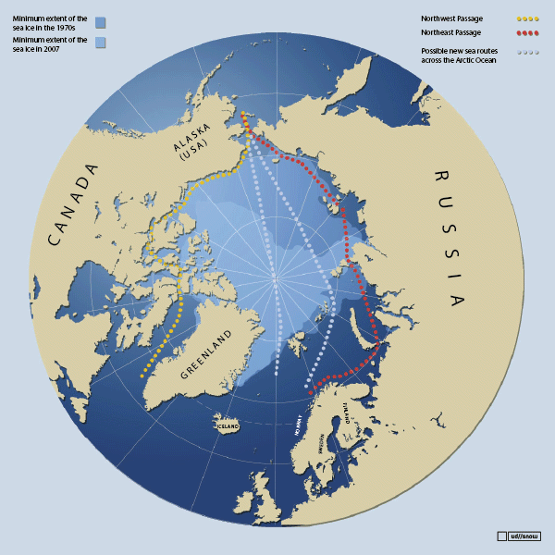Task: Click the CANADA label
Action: tap(71, 204)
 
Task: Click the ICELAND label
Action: tap(228, 426)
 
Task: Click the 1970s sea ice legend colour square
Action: tap(100, 22)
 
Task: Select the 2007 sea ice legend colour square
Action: tap(100, 43)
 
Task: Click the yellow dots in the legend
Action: tap(527, 18)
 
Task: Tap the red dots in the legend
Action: tap(527, 32)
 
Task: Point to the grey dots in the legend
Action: tap(527, 53)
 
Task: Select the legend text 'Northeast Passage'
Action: tap(451, 32)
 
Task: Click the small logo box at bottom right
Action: tap(501, 536)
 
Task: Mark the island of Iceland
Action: tap(228, 426)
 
